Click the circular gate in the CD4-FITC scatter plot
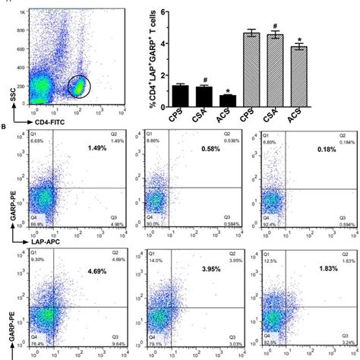click(80, 87)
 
